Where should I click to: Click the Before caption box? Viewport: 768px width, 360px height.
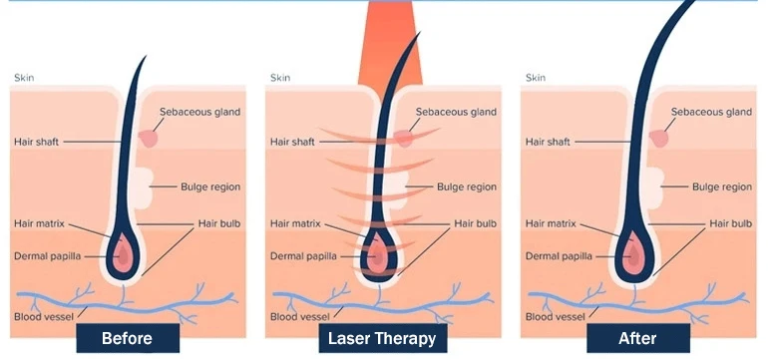click(128, 337)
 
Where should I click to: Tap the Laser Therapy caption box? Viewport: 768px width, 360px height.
click(383, 337)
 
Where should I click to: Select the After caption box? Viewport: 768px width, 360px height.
click(637, 337)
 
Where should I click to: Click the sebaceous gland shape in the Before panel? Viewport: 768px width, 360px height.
click(149, 139)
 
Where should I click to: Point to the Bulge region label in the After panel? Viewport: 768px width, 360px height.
click(722, 186)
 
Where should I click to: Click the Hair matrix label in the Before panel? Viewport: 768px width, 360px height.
click(39, 223)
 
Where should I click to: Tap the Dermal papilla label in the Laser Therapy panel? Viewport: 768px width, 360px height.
click(303, 256)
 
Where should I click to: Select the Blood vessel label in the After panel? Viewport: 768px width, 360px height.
click(556, 317)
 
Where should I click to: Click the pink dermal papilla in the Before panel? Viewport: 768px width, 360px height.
click(122, 254)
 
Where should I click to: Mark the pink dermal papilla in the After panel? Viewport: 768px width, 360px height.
click(633, 254)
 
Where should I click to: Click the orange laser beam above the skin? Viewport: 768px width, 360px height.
click(390, 44)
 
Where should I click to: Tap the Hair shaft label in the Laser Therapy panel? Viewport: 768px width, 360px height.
click(292, 142)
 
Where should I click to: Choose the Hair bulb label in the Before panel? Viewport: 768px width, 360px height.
click(219, 223)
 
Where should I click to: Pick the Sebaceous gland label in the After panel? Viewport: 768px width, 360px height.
click(711, 112)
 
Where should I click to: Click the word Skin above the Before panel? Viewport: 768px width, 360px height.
click(24, 78)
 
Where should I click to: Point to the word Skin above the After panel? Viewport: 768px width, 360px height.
click(536, 78)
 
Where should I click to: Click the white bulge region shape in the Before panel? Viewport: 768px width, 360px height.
click(143, 187)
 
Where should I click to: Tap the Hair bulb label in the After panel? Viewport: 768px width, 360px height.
click(731, 223)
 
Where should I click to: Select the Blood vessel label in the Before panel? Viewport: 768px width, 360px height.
click(44, 317)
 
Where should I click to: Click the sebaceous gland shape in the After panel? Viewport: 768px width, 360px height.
click(659, 139)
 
